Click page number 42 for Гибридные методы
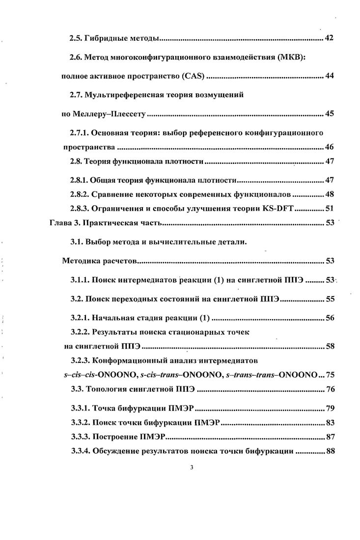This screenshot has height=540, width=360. [x=330, y=38]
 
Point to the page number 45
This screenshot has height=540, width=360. [x=330, y=114]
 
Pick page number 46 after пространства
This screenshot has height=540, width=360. [x=330, y=147]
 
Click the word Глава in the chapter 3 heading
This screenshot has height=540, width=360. [x=60, y=222]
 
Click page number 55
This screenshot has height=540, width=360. [x=330, y=298]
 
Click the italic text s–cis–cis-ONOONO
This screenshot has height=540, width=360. [x=94, y=375]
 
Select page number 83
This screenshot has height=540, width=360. [x=330, y=423]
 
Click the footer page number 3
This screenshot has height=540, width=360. [x=192, y=467]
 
